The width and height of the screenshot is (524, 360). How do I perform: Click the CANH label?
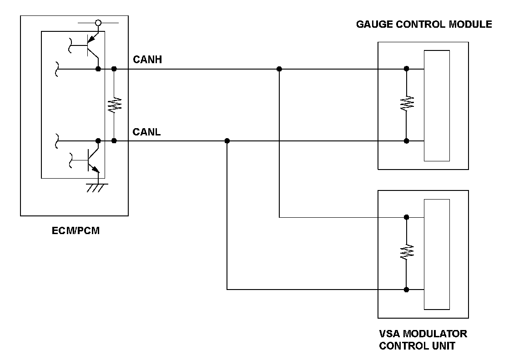pos(147,60)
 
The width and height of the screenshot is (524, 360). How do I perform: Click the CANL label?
pos(146,132)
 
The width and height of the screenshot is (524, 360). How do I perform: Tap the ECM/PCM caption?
pos(76,231)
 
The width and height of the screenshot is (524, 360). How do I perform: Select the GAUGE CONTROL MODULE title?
pos(424,24)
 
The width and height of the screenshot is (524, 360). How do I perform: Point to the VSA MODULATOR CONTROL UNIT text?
pos(423,340)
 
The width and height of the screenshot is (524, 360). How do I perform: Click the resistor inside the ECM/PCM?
pos(114,105)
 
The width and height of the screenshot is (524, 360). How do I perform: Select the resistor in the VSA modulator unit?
pos(407,252)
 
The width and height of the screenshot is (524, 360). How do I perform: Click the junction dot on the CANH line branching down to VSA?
pos(279,69)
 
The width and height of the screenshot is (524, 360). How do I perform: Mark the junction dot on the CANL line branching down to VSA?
pos(227,141)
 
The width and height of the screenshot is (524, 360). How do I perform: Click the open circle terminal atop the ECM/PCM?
pos(98,22)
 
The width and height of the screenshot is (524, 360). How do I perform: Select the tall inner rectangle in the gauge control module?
pos(437,105)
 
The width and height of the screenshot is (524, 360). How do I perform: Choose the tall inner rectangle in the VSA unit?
pos(437,254)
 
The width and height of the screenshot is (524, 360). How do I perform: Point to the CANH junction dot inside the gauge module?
pos(407,69)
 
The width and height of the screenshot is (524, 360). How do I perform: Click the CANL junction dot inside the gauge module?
pos(407,141)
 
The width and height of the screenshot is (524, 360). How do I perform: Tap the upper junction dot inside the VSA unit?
pos(407,217)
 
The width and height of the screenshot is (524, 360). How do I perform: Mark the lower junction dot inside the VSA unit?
pos(407,289)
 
